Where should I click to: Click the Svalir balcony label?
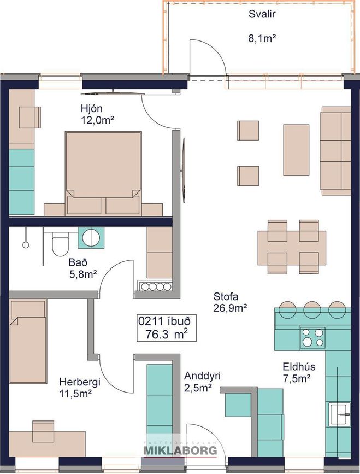point(262,14)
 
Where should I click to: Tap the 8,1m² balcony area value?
point(262,38)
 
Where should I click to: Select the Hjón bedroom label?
point(91,108)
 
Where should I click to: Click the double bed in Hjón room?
point(103,173)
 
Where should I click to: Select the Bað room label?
point(78,262)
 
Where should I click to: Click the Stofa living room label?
point(226,296)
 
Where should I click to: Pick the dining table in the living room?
point(292,248)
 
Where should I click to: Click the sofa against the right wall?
point(335,150)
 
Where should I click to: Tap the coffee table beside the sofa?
point(296,150)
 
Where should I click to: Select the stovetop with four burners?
point(312,337)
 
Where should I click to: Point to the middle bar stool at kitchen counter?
point(312,309)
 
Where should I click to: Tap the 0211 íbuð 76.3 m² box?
point(164,328)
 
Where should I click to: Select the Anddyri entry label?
point(202,376)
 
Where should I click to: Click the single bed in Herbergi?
point(28,341)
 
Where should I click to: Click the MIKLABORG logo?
point(181,450)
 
